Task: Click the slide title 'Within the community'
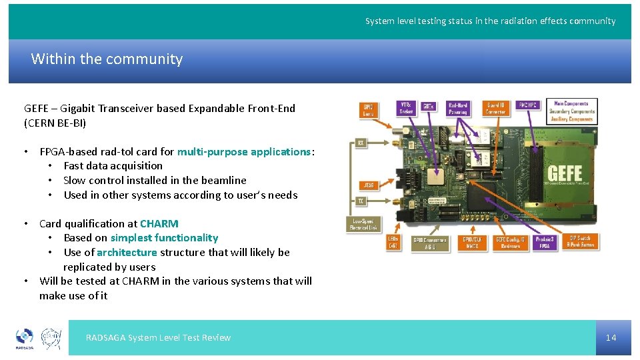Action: pyautogui.click(x=107, y=59)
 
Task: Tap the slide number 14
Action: pyautogui.click(x=611, y=337)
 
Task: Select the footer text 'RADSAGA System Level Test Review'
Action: pyautogui.click(x=158, y=337)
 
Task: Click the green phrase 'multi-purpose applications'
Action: pyautogui.click(x=244, y=151)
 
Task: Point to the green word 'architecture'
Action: pyautogui.click(x=127, y=252)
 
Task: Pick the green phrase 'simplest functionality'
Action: pyautogui.click(x=164, y=237)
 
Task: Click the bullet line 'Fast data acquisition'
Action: pyautogui.click(x=113, y=165)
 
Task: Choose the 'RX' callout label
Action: pyautogui.click(x=361, y=143)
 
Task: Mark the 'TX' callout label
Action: pyautogui.click(x=361, y=200)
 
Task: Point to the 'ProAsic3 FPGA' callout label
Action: pyautogui.click(x=544, y=243)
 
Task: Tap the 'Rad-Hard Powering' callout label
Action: pyautogui.click(x=458, y=108)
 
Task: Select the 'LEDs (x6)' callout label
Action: pyautogui.click(x=395, y=243)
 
